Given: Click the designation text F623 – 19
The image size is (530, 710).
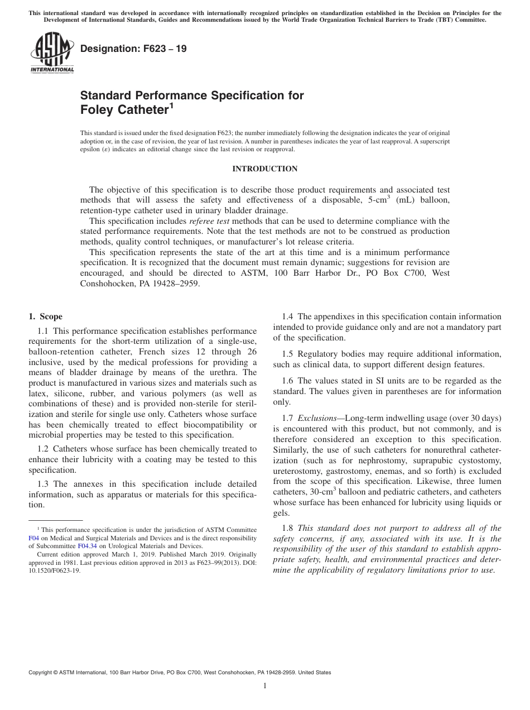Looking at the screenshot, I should tap(134, 49).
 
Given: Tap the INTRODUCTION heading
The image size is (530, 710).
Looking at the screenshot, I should tap(264, 169).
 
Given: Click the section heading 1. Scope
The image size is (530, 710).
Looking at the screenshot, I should tap(46, 316).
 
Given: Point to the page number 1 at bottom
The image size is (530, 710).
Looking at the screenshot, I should tap(265, 687).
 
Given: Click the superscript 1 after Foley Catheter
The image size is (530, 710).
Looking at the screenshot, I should tap(171, 105).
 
